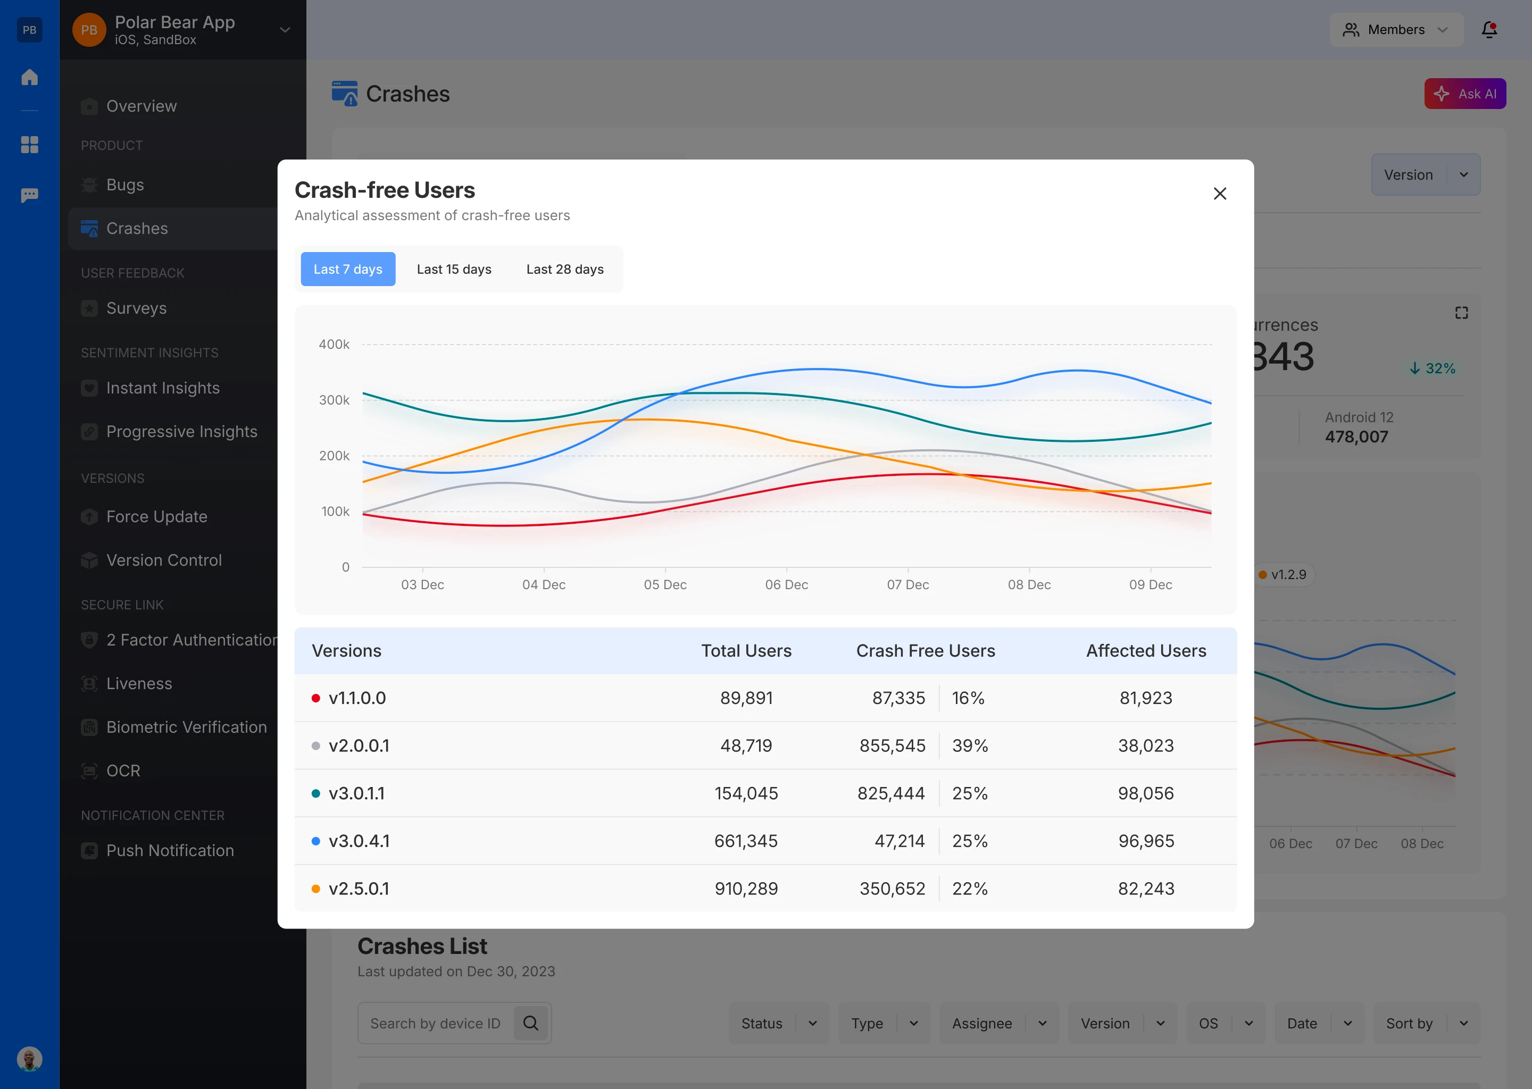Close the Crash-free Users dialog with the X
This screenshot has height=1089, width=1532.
coord(1219,194)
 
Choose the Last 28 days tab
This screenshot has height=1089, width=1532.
coord(565,269)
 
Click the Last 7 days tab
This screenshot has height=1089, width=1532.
coord(347,269)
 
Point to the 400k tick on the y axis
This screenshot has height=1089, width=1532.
coord(334,345)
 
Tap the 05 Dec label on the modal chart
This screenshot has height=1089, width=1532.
coord(665,585)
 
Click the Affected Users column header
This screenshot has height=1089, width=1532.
coord(1146,651)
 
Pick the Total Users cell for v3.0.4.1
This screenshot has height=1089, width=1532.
coord(746,841)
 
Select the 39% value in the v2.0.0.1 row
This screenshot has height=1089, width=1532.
coord(969,745)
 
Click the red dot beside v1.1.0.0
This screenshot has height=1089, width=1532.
coord(316,698)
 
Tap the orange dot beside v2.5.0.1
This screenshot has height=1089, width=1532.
coord(316,889)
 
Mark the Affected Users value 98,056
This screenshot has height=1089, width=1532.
coord(1146,793)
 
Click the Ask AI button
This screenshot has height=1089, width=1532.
coord(1465,94)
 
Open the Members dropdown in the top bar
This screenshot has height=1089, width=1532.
coord(1396,29)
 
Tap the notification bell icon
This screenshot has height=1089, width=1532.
coord(1489,29)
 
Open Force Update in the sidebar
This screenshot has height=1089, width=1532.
coord(156,516)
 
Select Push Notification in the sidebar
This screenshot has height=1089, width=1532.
coord(170,850)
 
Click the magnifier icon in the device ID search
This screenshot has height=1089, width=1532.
coord(530,1023)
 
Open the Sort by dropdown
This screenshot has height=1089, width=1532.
coord(1426,1023)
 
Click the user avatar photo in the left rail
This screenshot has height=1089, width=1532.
coord(29,1059)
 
